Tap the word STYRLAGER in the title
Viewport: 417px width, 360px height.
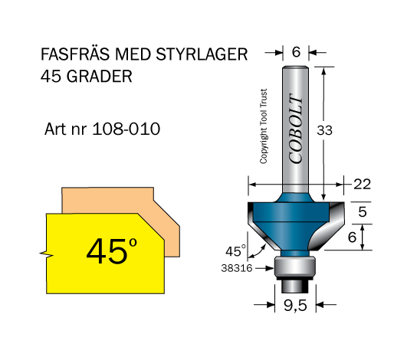(x=202, y=54)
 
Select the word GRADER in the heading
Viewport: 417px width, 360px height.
(x=99, y=77)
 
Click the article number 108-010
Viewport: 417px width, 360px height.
(x=126, y=129)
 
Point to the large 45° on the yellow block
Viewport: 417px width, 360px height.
(x=112, y=250)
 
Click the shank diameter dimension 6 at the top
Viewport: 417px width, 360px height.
(x=296, y=51)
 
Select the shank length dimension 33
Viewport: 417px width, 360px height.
(x=325, y=130)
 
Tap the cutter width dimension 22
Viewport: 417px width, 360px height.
(x=362, y=184)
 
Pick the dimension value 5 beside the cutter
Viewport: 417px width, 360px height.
(x=363, y=211)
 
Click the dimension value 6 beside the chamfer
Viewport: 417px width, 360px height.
(x=352, y=237)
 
